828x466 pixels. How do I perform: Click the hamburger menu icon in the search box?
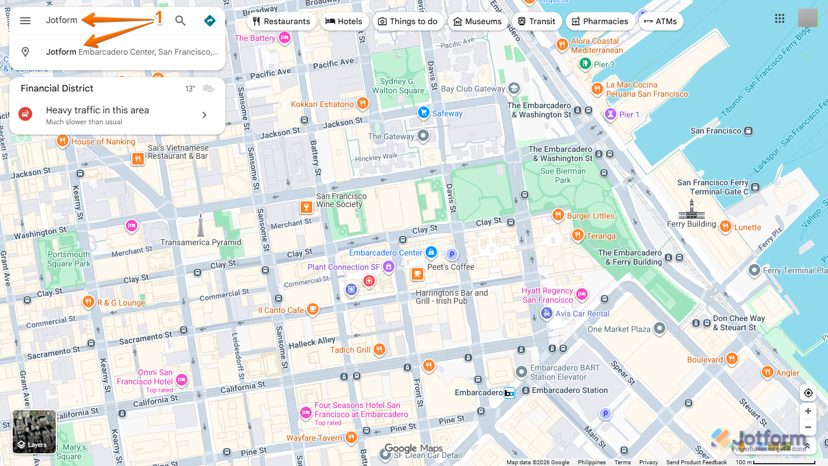pos(25,21)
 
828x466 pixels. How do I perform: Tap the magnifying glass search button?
pos(181,21)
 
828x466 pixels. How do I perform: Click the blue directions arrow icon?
pos(210,21)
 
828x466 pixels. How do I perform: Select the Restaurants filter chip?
pos(281,21)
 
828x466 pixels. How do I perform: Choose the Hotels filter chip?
pos(344,21)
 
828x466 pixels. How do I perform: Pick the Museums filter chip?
pos(477,21)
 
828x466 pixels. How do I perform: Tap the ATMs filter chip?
pos(661,21)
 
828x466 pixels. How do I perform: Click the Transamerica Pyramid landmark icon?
pos(200,225)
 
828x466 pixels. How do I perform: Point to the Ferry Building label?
pos(691,224)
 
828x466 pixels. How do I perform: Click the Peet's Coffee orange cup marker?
pos(417,274)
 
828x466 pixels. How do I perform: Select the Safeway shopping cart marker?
pos(424,113)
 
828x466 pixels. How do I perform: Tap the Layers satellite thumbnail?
pos(34,431)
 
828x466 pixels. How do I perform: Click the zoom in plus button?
pos(808,411)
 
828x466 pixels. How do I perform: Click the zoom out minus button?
pos(808,427)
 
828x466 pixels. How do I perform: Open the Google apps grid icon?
pos(780,18)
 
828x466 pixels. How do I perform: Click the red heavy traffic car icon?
pos(25,114)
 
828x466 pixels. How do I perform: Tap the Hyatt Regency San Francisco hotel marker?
pos(581,295)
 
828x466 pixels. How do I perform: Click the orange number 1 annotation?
pos(159,18)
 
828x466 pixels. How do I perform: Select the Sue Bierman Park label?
pos(562,175)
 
